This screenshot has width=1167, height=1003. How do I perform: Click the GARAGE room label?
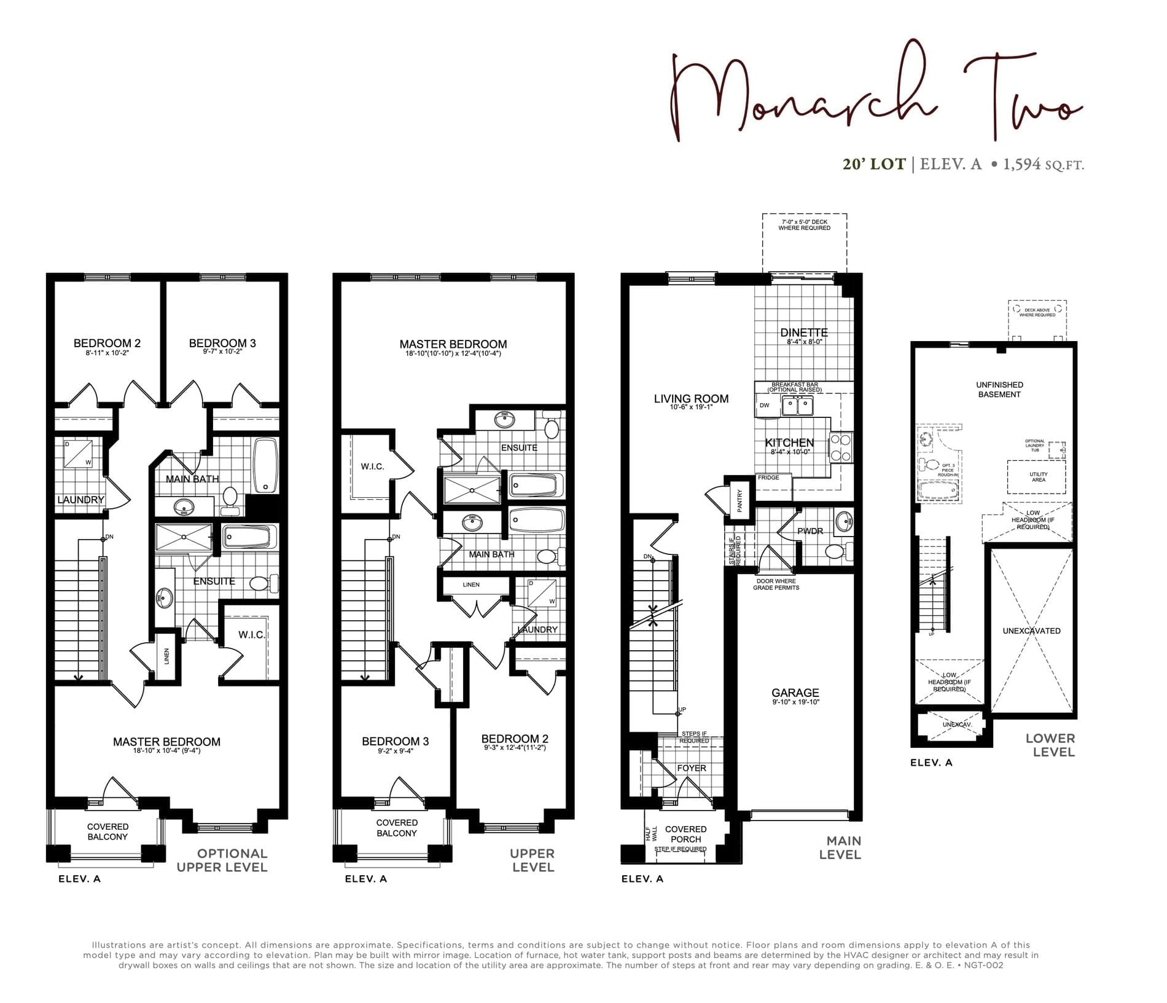tap(795, 693)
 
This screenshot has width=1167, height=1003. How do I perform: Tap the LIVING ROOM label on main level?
tap(691, 399)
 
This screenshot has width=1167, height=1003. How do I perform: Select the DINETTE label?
tap(804, 332)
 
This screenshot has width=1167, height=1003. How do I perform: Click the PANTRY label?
tap(740, 500)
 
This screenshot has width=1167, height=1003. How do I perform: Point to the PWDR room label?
tap(810, 531)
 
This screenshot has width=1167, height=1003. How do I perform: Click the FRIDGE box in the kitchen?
tap(769, 478)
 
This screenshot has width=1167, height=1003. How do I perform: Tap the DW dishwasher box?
tap(765, 406)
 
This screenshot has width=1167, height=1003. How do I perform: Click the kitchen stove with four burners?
tap(840, 447)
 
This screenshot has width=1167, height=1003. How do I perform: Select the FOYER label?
tap(692, 768)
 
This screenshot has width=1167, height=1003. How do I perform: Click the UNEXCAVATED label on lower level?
tap(1031, 631)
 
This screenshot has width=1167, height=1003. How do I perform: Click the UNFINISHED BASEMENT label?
tap(999, 390)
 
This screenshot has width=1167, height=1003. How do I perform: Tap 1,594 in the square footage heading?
tap(1022, 164)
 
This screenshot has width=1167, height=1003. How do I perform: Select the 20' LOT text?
tap(874, 164)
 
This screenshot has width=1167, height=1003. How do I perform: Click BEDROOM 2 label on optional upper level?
tap(107, 343)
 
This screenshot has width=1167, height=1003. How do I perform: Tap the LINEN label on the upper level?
tap(471, 584)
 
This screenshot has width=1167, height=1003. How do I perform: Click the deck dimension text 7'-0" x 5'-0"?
tap(804, 222)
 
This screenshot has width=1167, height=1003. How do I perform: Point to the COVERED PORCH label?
tap(685, 834)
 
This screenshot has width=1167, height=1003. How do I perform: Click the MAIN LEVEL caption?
tap(840, 848)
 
